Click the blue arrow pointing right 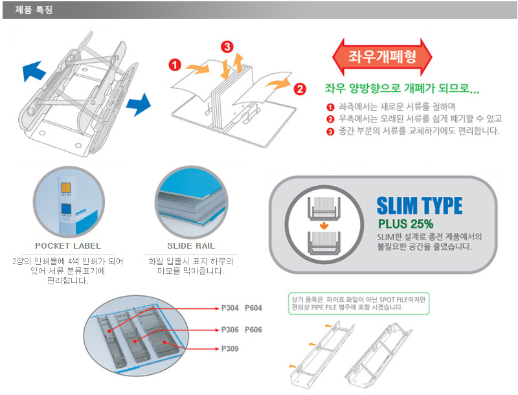tap(138, 102)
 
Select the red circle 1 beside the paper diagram tap(175, 65)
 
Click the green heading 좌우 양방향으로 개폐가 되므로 tap(401, 89)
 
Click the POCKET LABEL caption tap(69, 246)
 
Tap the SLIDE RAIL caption tap(191, 246)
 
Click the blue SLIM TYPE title tap(420, 206)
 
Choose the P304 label tap(231, 308)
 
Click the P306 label tap(231, 330)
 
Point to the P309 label tap(231, 348)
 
